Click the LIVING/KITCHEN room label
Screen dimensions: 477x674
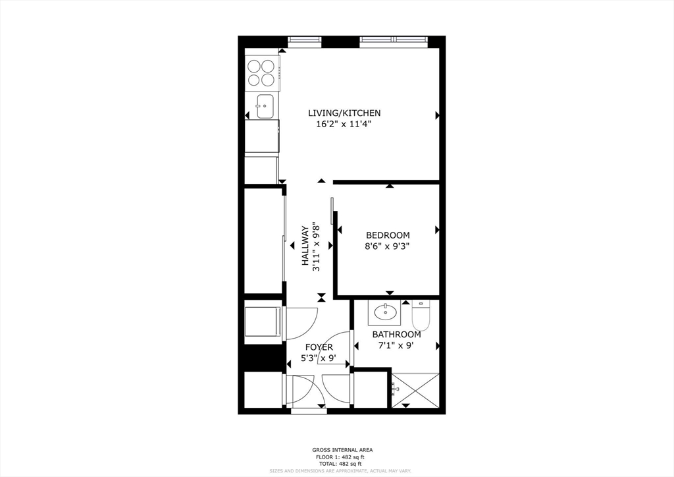[344, 113]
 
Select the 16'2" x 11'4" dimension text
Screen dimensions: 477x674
[344, 124]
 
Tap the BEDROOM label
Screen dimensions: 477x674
[388, 235]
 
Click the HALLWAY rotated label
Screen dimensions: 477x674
[305, 246]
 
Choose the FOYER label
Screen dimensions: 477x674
[319, 347]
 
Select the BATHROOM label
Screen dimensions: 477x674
[397, 334]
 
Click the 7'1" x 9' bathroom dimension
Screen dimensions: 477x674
[397, 345]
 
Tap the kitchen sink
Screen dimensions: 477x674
[265, 104]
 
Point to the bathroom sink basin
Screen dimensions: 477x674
[384, 311]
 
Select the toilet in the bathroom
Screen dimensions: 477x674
[421, 315]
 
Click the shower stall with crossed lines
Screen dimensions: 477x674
[415, 390]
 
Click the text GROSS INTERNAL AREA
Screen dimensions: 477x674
[342, 450]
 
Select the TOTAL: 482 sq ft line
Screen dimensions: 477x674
[342, 463]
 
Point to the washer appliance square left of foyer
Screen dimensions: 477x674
[263, 323]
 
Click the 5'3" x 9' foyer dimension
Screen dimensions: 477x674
[319, 358]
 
